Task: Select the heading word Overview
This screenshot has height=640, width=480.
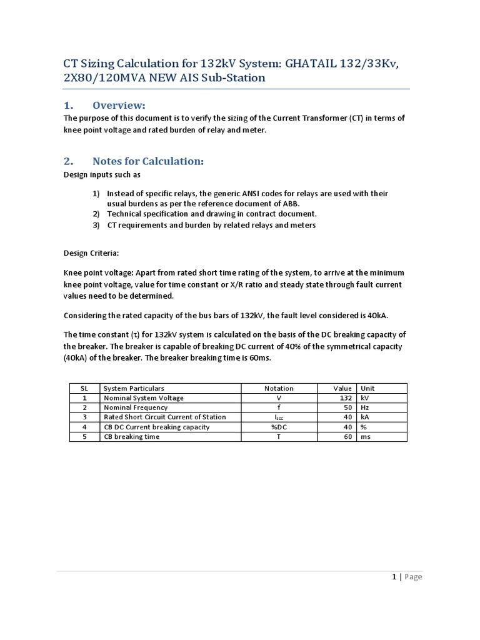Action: pos(119,104)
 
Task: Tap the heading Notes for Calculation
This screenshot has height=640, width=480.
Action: pos(148,161)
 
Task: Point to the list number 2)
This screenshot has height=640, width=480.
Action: pos(96,214)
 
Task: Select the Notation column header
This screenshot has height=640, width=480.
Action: pos(279,388)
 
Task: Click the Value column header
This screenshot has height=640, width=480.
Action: pos(344,388)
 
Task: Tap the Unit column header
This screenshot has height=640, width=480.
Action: pos(367,388)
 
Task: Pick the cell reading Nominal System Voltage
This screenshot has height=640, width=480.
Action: pos(144,397)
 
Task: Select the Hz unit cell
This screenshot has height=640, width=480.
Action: pos(365,407)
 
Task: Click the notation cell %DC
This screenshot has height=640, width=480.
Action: pos(279,427)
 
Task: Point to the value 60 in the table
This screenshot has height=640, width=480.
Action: pos(349,437)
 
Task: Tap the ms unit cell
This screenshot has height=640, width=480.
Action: pos(366,437)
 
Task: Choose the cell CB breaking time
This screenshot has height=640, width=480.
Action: pos(131,437)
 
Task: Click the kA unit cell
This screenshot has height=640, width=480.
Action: pos(366,417)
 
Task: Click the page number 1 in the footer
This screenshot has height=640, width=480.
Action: pos(394,577)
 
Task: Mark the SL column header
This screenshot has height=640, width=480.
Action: pos(84,388)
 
